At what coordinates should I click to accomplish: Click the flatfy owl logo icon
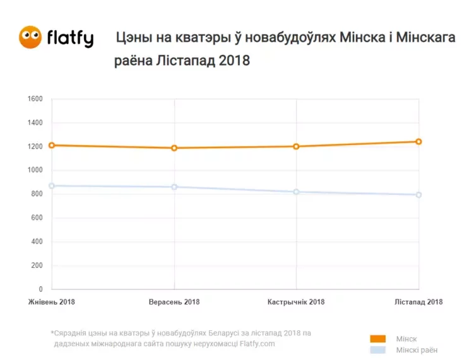pyautogui.click(x=30, y=37)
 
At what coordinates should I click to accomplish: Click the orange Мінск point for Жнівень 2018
pyautogui.click(x=52, y=145)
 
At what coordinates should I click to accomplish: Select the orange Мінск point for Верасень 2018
pyautogui.click(x=174, y=148)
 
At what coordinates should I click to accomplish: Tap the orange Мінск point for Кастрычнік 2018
pyautogui.click(x=296, y=146)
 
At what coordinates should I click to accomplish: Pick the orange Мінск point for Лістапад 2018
pyautogui.click(x=418, y=141)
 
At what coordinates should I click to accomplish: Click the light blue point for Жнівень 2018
pyautogui.click(x=52, y=186)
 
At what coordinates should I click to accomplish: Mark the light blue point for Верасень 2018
pyautogui.click(x=174, y=187)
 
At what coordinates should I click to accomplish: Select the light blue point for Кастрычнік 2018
pyautogui.click(x=296, y=192)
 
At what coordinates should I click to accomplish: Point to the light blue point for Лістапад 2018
pyautogui.click(x=418, y=195)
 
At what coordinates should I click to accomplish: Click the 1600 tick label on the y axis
pyautogui.click(x=35, y=99)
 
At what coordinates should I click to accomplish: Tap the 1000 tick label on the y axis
pyautogui.click(x=35, y=170)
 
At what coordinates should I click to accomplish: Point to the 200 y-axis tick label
pyautogui.click(x=37, y=265)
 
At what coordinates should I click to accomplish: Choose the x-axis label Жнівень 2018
pyautogui.click(x=52, y=302)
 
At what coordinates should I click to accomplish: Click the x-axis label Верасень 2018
pyautogui.click(x=174, y=302)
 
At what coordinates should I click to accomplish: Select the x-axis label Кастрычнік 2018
pyautogui.click(x=296, y=302)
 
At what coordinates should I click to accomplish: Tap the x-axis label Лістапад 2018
pyautogui.click(x=418, y=302)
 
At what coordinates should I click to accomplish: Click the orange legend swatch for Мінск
pyautogui.click(x=377, y=339)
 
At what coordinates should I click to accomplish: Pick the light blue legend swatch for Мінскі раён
pyautogui.click(x=377, y=350)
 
